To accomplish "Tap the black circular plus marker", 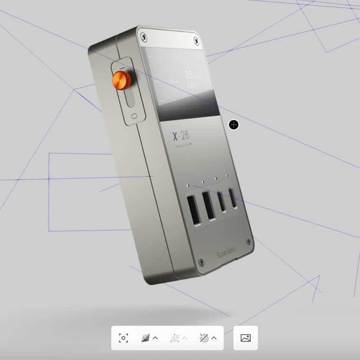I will coord(234,125).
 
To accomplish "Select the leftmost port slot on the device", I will coord(193,209).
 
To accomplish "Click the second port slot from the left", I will coord(208,205).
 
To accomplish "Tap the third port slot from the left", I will coord(222,201).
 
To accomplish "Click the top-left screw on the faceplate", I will coord(144,36).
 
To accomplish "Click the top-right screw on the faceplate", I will coord(195,41).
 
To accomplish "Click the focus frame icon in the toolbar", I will coord(124,338).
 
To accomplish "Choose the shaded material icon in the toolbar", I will coord(146,338).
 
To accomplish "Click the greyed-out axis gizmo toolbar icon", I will coord(175,338).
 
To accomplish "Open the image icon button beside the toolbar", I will coord(245,338).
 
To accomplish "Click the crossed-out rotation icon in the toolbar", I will coord(204,338).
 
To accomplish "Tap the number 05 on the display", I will coord(189,75).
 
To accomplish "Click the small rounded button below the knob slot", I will coord(135,116).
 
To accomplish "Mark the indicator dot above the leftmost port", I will coord(188,186).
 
